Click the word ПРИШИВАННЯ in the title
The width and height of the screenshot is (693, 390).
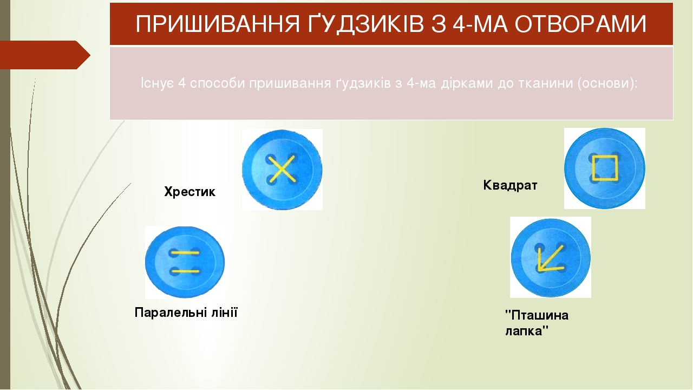click(x=218, y=24)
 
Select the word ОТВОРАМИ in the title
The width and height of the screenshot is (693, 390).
click(x=581, y=24)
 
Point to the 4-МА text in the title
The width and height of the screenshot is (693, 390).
click(x=480, y=24)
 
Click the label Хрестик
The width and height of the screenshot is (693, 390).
click(x=189, y=192)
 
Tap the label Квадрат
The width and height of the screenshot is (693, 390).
click(x=510, y=185)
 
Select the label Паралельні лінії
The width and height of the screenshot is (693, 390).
click(x=186, y=313)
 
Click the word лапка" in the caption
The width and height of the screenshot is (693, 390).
click(x=527, y=331)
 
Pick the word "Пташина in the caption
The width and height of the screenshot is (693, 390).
click(x=537, y=315)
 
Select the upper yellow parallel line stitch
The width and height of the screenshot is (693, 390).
click(x=185, y=253)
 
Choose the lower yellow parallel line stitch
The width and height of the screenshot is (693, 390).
click(x=185, y=271)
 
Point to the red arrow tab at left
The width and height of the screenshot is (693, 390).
click(x=45, y=55)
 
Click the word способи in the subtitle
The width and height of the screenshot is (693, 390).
click(x=218, y=83)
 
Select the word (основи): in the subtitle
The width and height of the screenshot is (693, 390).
click(x=607, y=83)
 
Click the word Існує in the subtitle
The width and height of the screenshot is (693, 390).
click(x=157, y=83)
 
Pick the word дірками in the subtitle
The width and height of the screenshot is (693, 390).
click(x=466, y=83)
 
